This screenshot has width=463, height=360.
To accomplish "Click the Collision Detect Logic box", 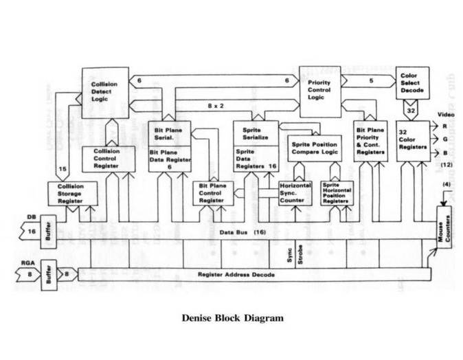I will point(105,91).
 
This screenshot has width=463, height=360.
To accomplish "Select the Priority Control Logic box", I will point(319,91).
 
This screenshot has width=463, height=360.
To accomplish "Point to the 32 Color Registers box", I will point(412,140).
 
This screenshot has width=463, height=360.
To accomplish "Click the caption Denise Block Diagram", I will point(232,319).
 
